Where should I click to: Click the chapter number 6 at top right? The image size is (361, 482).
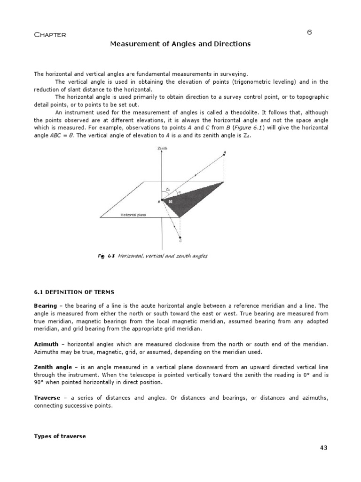[x=309, y=32]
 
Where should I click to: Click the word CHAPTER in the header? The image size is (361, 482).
[x=50, y=35]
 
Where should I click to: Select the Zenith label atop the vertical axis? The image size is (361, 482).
[x=162, y=148]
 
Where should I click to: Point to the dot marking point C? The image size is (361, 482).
[x=181, y=238]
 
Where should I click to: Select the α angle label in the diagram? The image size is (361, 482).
[x=179, y=192]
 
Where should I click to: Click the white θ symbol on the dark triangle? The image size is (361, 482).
[x=171, y=201]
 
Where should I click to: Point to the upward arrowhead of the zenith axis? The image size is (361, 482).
[x=162, y=153]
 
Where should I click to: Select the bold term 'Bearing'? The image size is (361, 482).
[x=45, y=306]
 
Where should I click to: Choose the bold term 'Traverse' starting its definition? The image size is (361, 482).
[x=47, y=398]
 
